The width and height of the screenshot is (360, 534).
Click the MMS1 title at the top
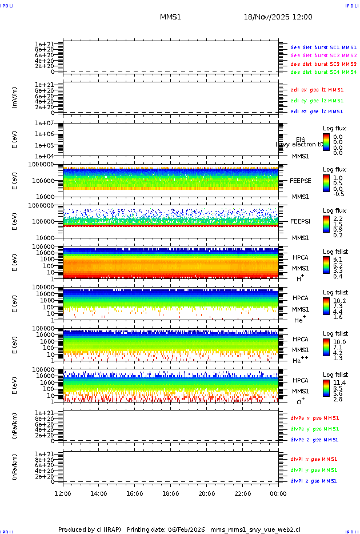point(170,17)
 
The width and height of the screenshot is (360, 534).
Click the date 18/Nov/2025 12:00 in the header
point(278,17)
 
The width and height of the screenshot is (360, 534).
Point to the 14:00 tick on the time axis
point(99,493)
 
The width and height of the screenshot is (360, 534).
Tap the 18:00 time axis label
point(170,493)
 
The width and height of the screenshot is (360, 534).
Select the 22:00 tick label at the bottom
point(242,493)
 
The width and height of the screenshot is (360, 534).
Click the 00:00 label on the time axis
point(278,493)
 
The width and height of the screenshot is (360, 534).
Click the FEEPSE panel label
point(301,180)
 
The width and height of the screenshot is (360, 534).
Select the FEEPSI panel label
point(301,221)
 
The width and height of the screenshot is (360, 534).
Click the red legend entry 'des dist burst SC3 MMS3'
point(323,64)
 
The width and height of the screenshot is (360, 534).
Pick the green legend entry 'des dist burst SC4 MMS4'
point(323,73)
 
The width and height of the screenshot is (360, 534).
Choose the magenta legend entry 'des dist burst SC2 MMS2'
point(323,55)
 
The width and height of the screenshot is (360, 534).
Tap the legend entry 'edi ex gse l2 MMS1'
point(317,90)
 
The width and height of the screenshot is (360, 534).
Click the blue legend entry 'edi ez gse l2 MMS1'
point(317,111)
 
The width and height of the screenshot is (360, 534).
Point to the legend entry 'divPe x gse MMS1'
point(314,418)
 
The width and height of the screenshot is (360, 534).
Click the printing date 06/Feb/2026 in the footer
point(184,529)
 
